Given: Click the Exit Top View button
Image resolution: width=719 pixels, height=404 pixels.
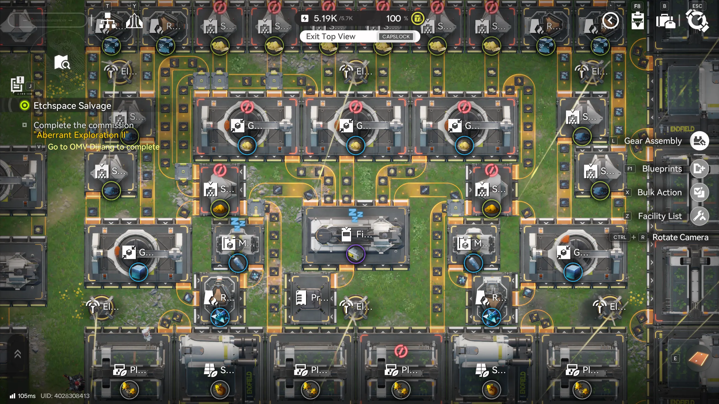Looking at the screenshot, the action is [x=331, y=37].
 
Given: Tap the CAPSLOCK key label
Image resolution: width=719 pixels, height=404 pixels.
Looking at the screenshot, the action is [x=396, y=37].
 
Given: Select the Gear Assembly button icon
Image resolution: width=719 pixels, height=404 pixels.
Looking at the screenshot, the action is [x=699, y=141].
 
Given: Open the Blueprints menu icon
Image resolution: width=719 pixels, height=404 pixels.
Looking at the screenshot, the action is [x=699, y=169].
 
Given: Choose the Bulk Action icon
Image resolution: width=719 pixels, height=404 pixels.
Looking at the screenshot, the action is [x=699, y=192].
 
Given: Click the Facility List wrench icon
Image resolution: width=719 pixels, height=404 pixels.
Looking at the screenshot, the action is [x=699, y=216].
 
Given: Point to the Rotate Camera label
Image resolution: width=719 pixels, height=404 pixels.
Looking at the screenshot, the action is [x=680, y=237].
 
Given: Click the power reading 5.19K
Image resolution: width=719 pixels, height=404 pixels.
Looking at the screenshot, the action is [x=325, y=19].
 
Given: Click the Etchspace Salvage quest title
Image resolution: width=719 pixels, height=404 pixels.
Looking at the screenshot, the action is [x=72, y=106].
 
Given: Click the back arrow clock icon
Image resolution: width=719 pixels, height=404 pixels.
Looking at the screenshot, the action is [x=610, y=20].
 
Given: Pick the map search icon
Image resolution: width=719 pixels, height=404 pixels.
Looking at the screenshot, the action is [x=62, y=62].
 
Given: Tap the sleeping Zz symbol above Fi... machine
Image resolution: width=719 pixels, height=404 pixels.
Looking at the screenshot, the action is [x=356, y=215].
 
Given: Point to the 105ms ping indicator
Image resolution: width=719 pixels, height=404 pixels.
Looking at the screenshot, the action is [x=23, y=396].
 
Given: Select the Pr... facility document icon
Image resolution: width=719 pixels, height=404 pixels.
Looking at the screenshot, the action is [x=301, y=298].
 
